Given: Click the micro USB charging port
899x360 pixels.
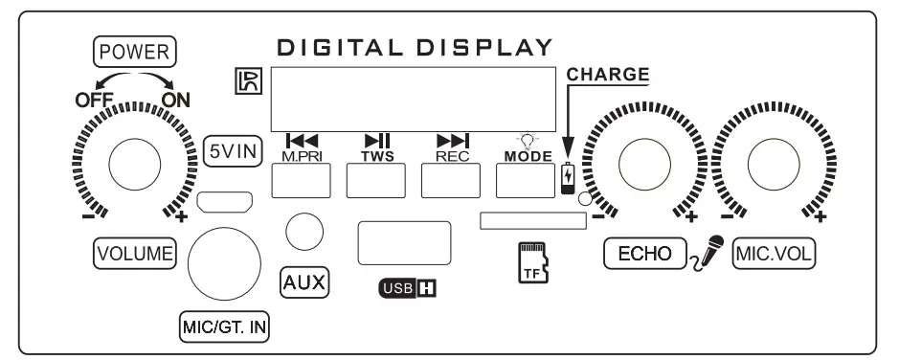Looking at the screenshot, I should [226, 203].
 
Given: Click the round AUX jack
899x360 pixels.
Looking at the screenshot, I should [303, 231].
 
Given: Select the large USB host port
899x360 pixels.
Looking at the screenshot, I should [404, 242].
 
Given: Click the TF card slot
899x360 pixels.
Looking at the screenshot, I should [532, 221].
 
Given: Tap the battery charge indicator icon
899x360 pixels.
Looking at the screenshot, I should [570, 179].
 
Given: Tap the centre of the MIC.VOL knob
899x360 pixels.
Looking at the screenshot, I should [774, 158].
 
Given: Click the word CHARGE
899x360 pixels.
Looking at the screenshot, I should [608, 74].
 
